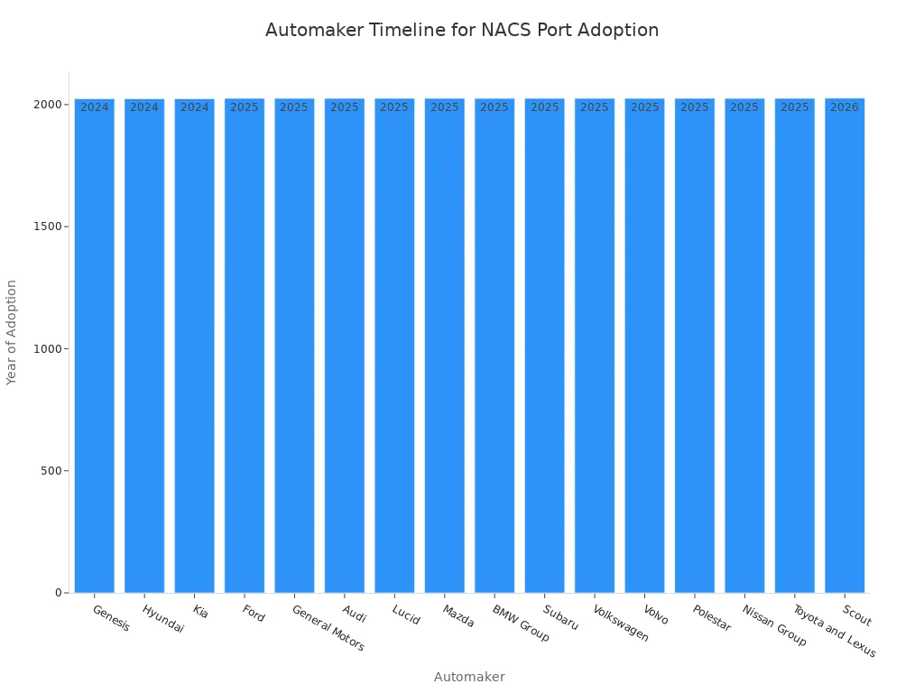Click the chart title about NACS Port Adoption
pyautogui.click(x=462, y=30)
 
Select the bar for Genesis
pyautogui.click(x=94, y=347)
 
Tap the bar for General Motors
pyautogui.click(x=294, y=347)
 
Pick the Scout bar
pyautogui.click(x=845, y=347)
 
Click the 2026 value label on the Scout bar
pyautogui.click(x=845, y=107)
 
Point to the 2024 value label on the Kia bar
pyautogui.click(x=194, y=107)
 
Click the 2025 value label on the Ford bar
pyautogui.click(x=245, y=107)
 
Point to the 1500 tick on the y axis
pyautogui.click(x=49, y=226)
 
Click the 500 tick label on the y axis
pyautogui.click(x=49, y=471)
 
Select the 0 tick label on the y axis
pyautogui.click(x=58, y=593)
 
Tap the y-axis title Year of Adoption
pyautogui.click(x=12, y=332)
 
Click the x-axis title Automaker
pyautogui.click(x=469, y=677)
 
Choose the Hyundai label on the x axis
pyautogui.click(x=162, y=619)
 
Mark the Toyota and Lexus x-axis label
pyautogui.click(x=834, y=631)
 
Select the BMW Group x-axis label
pyautogui.click(x=521, y=624)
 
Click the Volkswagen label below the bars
pyautogui.click(x=621, y=624)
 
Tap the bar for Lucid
pyautogui.click(x=394, y=347)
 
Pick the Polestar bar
pyautogui.click(x=694, y=347)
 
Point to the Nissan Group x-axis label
pyautogui.click(x=774, y=625)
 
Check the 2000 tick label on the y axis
pyautogui.click(x=49, y=105)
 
